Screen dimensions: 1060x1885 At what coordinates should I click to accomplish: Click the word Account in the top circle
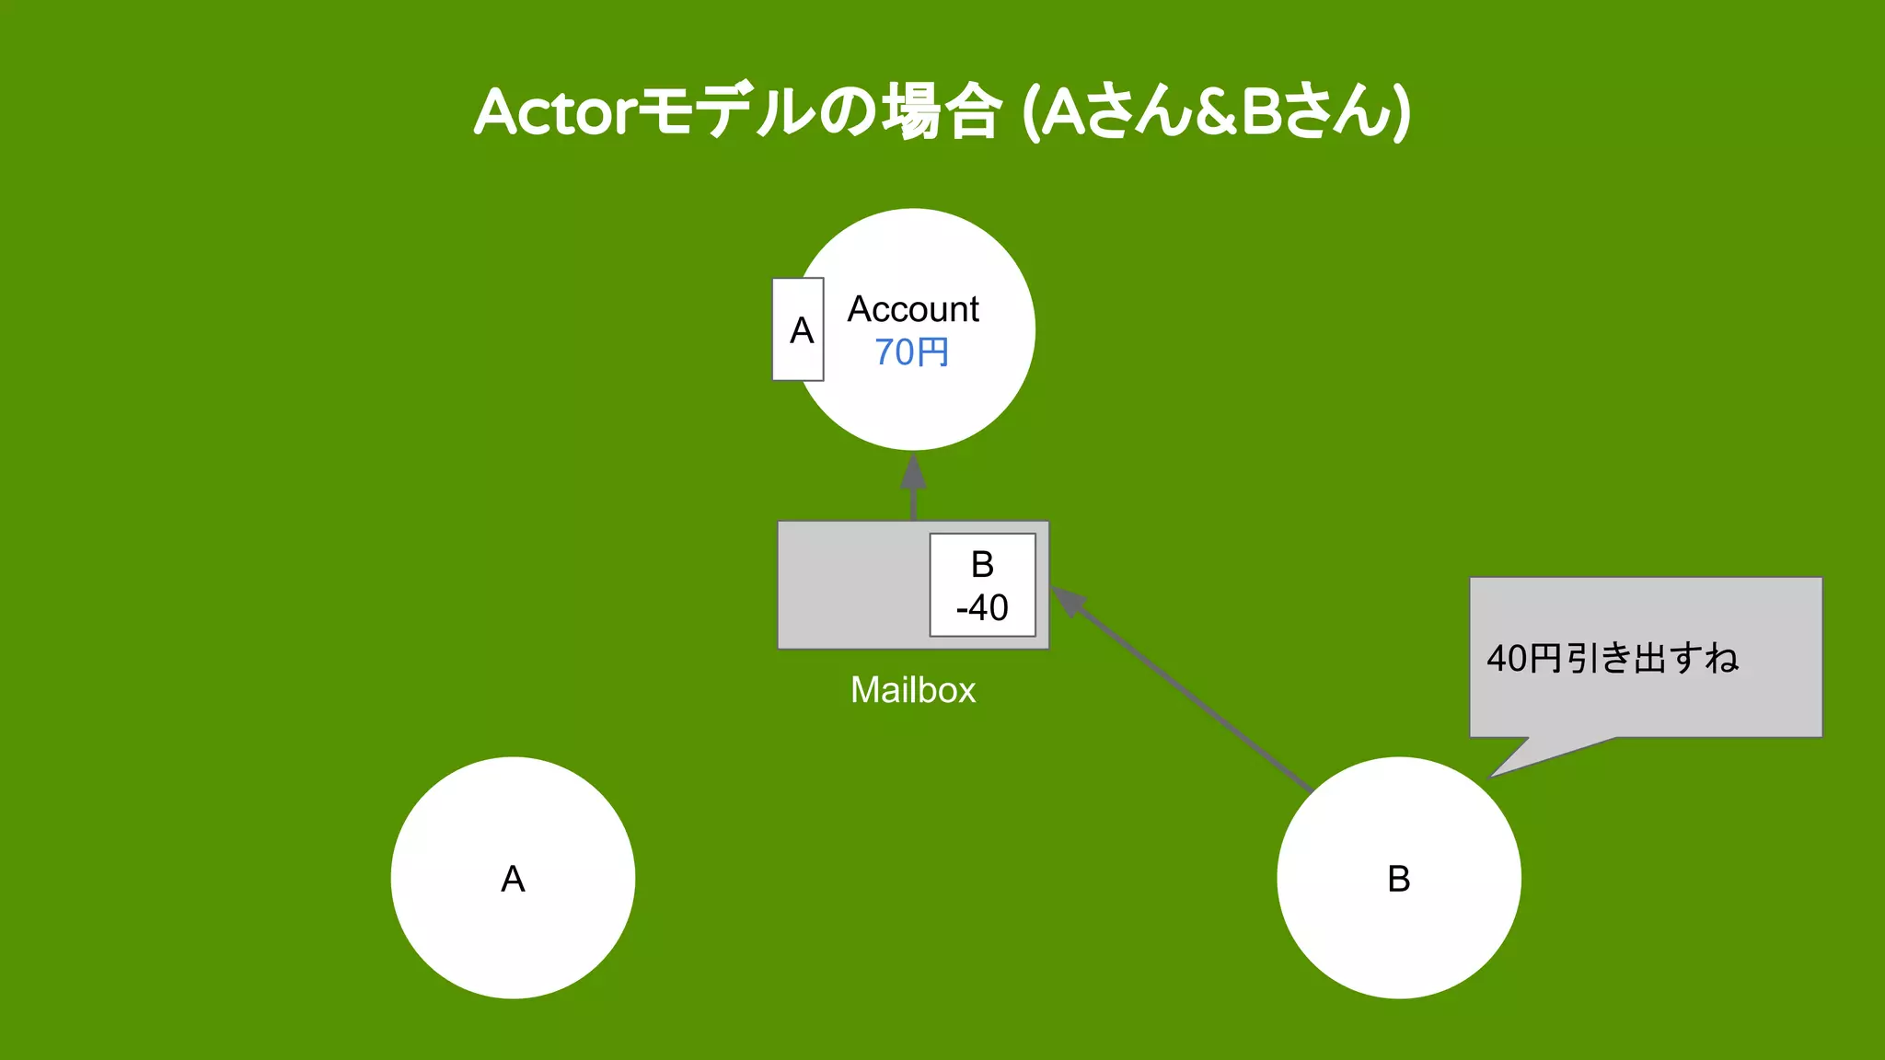[913, 309]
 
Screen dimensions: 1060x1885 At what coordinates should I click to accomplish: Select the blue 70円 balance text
[911, 352]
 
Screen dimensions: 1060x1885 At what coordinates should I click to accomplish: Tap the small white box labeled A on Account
[799, 329]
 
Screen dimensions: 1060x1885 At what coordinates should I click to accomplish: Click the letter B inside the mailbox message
[982, 564]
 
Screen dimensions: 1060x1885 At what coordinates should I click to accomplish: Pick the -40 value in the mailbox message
[982, 607]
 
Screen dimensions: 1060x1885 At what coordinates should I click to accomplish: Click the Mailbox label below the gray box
[912, 690]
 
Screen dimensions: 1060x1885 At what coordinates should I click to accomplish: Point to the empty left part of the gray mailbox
[851, 585]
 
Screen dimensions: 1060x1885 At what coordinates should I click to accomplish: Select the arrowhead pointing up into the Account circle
[913, 473]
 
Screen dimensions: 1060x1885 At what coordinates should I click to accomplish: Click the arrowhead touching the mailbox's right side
[1069, 602]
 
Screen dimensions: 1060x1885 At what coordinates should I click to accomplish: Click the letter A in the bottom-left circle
[513, 879]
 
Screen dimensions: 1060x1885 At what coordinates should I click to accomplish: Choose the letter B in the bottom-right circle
[1398, 879]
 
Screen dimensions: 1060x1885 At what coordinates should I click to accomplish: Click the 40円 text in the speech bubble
[1524, 658]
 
